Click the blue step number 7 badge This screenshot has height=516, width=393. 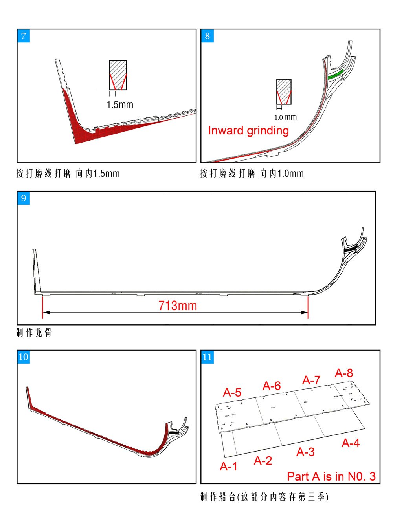pyautogui.click(x=24, y=36)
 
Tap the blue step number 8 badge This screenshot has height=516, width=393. pyautogui.click(x=207, y=36)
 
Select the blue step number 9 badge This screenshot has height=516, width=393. pyautogui.click(x=24, y=198)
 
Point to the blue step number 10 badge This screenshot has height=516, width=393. pyautogui.click(x=24, y=357)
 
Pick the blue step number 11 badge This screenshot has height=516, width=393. pyautogui.click(x=207, y=357)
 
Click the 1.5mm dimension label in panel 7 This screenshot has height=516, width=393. pyautogui.click(x=120, y=104)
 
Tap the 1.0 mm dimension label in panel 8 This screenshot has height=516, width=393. pyautogui.click(x=286, y=117)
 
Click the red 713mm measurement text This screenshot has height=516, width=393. pyautogui.click(x=178, y=306)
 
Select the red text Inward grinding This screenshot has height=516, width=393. pyautogui.click(x=249, y=131)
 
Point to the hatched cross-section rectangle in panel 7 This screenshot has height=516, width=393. pyautogui.click(x=118, y=75)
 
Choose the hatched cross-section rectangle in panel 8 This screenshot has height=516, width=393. pyautogui.click(x=284, y=91)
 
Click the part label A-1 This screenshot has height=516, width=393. pyautogui.click(x=229, y=466)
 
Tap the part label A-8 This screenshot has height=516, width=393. pyautogui.click(x=344, y=373)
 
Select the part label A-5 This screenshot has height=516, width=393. pyautogui.click(x=232, y=392)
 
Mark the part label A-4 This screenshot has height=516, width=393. pyautogui.click(x=351, y=443)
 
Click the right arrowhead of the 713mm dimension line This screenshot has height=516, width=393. pyautogui.click(x=305, y=313)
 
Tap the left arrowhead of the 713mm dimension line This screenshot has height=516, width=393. pyautogui.click(x=46, y=313)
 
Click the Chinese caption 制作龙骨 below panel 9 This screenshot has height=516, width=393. pyautogui.click(x=34, y=333)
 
